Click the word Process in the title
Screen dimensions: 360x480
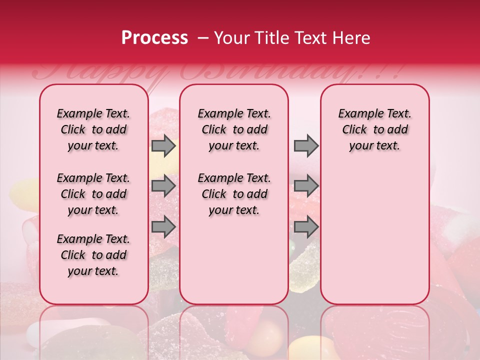click(x=154, y=38)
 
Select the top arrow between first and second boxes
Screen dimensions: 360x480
click(x=163, y=145)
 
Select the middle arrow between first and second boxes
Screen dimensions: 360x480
click(x=163, y=186)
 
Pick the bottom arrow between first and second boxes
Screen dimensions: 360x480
click(x=163, y=227)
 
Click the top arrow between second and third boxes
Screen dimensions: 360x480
click(x=306, y=145)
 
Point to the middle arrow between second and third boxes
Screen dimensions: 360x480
click(x=306, y=186)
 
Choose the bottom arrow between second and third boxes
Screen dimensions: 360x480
click(x=306, y=227)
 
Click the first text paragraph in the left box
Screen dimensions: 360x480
click(x=93, y=129)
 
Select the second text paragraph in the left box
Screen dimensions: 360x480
click(x=93, y=194)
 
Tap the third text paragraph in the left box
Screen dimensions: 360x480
click(x=93, y=255)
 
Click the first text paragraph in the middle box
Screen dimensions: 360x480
click(x=234, y=129)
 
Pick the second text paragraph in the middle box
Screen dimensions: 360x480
click(x=234, y=194)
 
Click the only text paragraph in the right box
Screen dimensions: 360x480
click(x=374, y=129)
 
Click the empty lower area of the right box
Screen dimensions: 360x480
click(x=374, y=240)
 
